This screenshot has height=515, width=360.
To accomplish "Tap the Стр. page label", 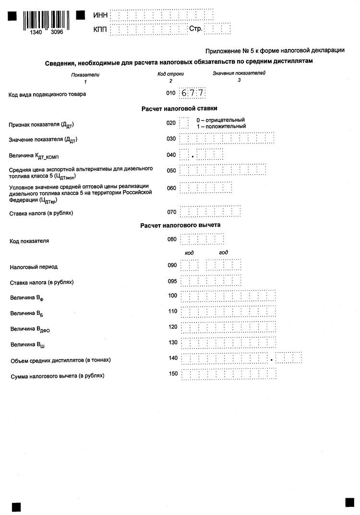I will point(195,29).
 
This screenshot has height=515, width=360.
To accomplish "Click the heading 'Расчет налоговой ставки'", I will point(180,108).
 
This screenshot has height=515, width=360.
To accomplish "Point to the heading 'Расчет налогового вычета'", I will point(180,225).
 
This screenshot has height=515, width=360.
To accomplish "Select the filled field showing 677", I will point(192,93).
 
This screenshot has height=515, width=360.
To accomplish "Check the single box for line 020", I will point(184,123).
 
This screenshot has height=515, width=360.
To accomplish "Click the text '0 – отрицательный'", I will point(220,120).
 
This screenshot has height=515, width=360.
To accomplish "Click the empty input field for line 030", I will point(227,139).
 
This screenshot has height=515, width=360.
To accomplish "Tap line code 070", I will point(171,212).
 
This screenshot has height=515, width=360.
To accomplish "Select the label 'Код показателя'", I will point(29,240).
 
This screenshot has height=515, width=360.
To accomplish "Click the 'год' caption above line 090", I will point(223,252).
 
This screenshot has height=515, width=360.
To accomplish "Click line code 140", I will point(173,358).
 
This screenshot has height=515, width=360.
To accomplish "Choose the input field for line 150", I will point(228,374).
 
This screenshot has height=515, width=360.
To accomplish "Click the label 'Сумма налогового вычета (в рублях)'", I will point(57,375).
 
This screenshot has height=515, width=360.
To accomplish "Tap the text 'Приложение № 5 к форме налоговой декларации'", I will point(275,50).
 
